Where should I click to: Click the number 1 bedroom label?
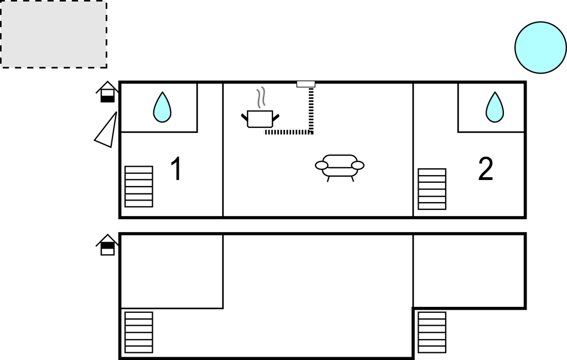tap(176, 168)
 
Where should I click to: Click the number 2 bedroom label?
tap(485, 168)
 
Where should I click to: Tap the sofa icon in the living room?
tap(339, 168)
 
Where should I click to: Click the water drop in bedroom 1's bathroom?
tap(162, 107)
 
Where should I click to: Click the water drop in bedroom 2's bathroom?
tap(494, 107)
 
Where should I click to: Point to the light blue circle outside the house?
tap(540, 48)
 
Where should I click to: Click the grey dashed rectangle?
tap(54, 34)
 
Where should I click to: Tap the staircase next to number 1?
tap(139, 187)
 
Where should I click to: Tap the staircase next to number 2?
tap(432, 189)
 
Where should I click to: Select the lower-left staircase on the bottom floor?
tap(139, 332)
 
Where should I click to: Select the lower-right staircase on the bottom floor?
tap(432, 332)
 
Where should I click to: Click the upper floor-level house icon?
tap(107, 92)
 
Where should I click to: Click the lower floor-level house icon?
tap(107, 245)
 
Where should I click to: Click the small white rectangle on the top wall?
tap(306, 84)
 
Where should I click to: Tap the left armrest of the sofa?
tap(322, 166)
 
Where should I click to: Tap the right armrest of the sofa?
tap(358, 166)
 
